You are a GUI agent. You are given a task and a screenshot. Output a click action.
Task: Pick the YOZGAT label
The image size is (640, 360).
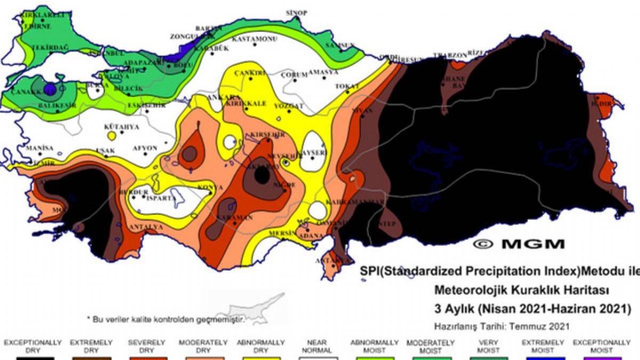point(289,106)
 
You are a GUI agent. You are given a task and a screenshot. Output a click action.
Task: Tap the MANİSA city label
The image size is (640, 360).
point(39,148)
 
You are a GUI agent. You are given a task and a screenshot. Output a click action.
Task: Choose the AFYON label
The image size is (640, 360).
point(145,148)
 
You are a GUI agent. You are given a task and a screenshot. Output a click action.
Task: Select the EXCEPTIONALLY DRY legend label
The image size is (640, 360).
point(33,346)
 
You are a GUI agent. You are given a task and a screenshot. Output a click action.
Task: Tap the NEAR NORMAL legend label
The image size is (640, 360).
point(317,346)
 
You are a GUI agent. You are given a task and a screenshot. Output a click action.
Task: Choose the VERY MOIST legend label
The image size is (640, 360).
point(488,346)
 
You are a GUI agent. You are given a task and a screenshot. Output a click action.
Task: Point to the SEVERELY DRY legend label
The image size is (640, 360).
point(146,346)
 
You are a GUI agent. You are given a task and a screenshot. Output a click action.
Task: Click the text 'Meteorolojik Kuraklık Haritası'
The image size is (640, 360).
point(522,290)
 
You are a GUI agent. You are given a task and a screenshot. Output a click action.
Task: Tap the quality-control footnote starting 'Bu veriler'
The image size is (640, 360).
point(166,319)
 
